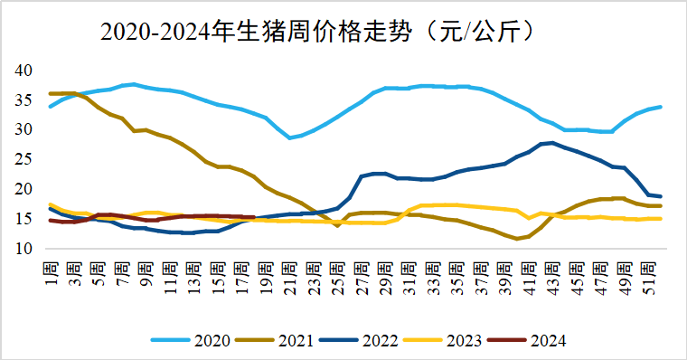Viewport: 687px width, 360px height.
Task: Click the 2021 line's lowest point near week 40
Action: tap(517, 239)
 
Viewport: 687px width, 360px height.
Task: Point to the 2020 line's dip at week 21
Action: tap(289, 137)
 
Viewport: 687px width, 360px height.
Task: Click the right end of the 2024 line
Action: tap(254, 217)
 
